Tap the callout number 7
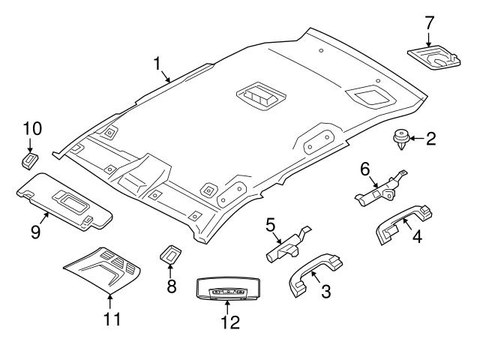pyautogui.click(x=429, y=22)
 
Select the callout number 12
pyautogui.click(x=229, y=322)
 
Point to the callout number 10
pyautogui.click(x=33, y=129)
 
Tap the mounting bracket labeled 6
pyautogui.click(x=380, y=190)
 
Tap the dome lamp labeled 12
pyautogui.click(x=229, y=289)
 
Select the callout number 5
pyautogui.click(x=271, y=223)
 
